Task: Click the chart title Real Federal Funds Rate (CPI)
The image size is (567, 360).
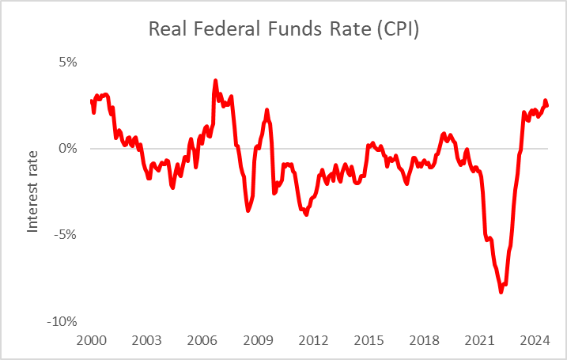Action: click(283, 29)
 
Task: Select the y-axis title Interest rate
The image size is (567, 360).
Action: click(33, 192)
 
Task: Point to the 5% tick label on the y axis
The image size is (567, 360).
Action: click(66, 63)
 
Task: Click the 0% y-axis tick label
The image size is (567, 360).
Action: click(66, 149)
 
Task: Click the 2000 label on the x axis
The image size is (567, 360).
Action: click(92, 340)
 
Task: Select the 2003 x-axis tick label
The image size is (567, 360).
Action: click(147, 340)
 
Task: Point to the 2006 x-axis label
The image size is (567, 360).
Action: click(202, 340)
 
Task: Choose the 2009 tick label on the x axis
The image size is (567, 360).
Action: click(258, 340)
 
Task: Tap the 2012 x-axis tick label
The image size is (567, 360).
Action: click(313, 340)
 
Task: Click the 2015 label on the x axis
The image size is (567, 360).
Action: click(369, 340)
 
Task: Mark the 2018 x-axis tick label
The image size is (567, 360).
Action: click(424, 340)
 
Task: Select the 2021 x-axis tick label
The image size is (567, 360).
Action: click(479, 340)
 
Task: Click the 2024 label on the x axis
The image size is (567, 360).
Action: click(535, 340)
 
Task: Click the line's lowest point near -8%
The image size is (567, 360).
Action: click(501, 292)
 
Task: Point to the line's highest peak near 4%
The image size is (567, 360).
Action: click(215, 80)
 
